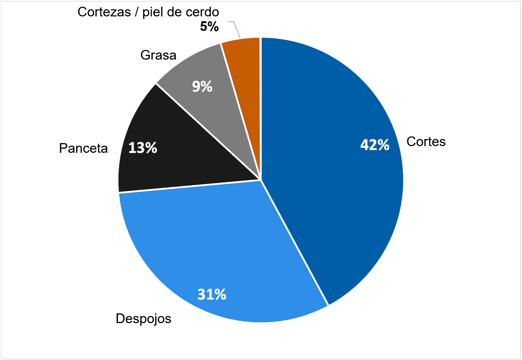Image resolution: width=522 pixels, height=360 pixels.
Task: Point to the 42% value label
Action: point(375,145)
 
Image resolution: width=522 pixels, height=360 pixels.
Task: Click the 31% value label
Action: point(212,294)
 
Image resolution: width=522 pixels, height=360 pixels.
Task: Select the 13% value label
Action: point(143,148)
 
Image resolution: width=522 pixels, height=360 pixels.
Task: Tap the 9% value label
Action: point(202,86)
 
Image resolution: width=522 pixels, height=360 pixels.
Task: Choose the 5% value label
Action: point(209,26)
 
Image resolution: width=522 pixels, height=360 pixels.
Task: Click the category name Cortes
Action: point(426,142)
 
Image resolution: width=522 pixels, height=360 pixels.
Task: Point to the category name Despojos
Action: point(144,319)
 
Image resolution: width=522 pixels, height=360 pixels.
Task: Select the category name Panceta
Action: point(83,148)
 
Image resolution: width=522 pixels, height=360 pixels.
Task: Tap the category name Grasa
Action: point(158,55)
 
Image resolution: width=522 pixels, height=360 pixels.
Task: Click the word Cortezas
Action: point(104,12)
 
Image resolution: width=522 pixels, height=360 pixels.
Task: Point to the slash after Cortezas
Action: point(137,12)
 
